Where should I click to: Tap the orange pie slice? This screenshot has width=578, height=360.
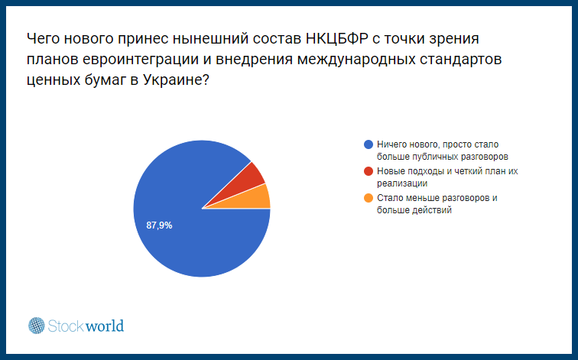pos(255,199)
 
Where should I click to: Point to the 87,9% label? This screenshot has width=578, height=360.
pos(159,225)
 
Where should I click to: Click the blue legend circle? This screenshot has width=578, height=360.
pos(369,144)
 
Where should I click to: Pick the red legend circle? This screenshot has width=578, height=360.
pos(369,171)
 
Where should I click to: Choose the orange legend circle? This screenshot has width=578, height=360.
pos(369,198)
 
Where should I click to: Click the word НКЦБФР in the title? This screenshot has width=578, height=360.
pos(337,38)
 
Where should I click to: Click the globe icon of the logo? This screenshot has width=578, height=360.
pos(37,326)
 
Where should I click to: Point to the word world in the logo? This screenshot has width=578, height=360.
pos(105,326)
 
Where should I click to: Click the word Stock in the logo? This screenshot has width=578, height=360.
pos(67,326)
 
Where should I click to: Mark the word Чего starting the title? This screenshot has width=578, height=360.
pos(43,38)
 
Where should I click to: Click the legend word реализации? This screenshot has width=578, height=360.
pos(402,183)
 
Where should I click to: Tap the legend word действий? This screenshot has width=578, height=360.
pos(433,210)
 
